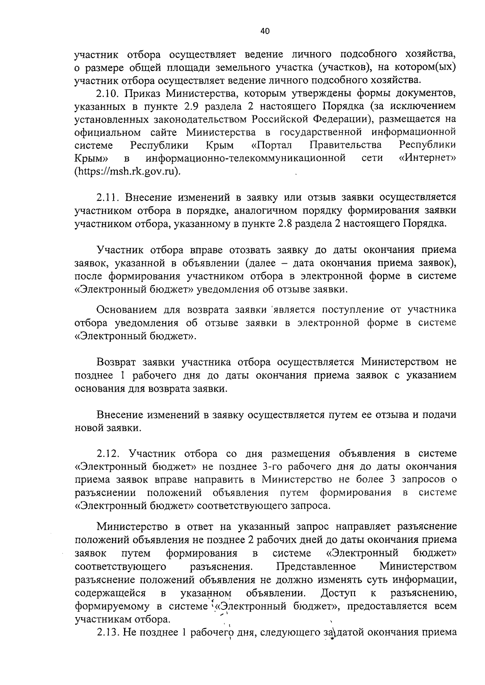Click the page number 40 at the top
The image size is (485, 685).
click(265, 32)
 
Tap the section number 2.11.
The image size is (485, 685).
click(108, 198)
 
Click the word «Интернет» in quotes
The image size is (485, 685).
click(428, 158)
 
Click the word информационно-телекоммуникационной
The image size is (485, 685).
click(246, 158)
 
